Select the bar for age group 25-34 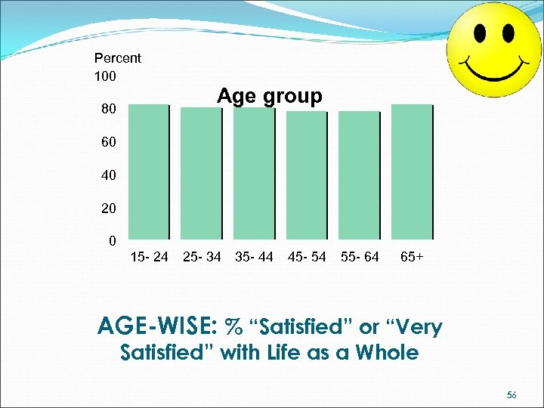(x=202, y=173)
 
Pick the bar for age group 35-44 (x=254, y=173)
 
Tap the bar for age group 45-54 (x=306, y=175)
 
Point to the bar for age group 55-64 (x=359, y=175)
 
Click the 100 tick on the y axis (x=105, y=76)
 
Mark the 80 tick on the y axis (x=109, y=110)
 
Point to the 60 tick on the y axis (x=109, y=142)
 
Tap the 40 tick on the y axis (x=109, y=175)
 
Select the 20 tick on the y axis (x=109, y=207)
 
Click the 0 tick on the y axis (x=112, y=242)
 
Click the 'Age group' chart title (x=270, y=97)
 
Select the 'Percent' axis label (x=117, y=58)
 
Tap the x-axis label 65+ (x=412, y=258)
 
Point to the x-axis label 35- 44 (x=254, y=258)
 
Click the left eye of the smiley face (x=480, y=32)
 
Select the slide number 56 (x=512, y=395)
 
